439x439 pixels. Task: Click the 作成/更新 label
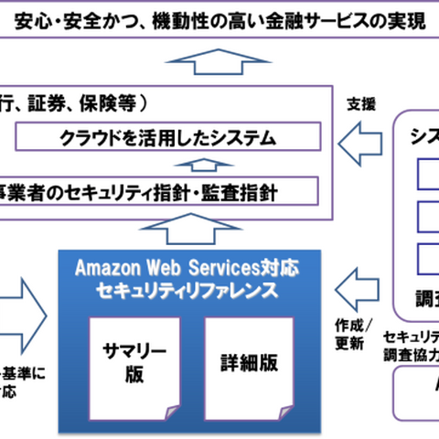pos(351,335)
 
